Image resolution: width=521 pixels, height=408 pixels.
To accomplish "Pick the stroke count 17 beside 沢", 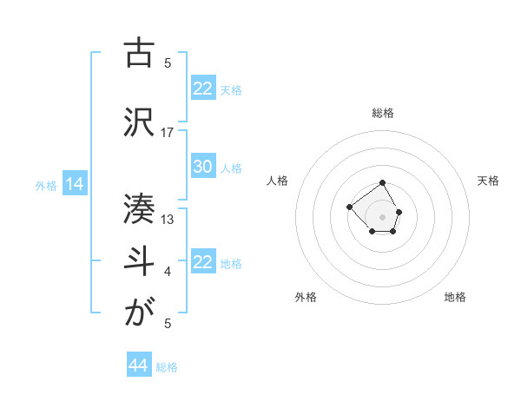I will tap(168, 132).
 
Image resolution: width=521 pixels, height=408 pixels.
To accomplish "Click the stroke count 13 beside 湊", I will tap(168, 219).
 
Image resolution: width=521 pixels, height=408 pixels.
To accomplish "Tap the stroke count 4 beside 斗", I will tap(168, 272).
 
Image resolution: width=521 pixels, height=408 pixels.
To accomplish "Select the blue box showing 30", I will tap(202, 168).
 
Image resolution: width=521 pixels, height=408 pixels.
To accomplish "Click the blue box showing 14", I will tap(73, 184).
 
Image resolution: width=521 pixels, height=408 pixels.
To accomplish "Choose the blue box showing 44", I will tap(138, 366).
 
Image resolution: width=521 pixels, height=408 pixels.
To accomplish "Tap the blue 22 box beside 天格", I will tap(202, 89).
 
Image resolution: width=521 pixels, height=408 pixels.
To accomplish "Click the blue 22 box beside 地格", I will tap(202, 263).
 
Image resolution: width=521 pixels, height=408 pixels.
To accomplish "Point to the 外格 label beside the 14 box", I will tap(46, 185).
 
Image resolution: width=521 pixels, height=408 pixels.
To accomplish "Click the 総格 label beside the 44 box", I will tap(167, 367).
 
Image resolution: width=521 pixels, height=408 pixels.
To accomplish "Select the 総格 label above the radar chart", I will tap(382, 113).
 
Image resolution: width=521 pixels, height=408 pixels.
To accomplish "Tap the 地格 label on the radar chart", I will tap(455, 297).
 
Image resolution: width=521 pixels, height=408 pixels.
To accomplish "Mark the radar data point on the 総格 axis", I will tap(382, 184).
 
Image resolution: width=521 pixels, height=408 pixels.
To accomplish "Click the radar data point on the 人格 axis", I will tap(349, 207).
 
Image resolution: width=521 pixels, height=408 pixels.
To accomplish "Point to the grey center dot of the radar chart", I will tap(382, 216).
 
